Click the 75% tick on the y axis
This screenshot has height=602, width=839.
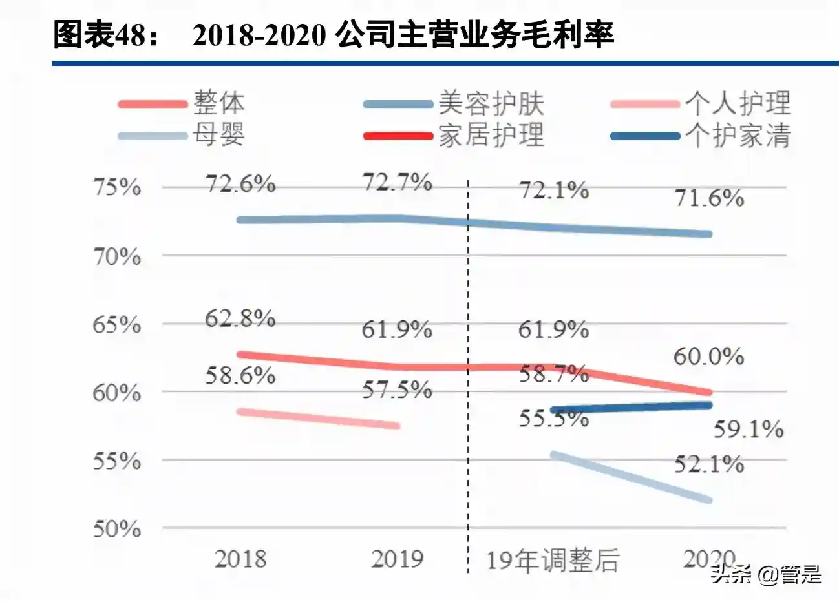(117, 187)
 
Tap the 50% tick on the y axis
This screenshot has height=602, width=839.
(117, 529)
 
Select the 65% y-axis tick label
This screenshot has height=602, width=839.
(117, 324)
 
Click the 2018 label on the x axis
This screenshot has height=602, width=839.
(240, 559)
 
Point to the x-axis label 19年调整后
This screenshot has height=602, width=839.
(553, 560)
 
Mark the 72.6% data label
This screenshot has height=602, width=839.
(240, 184)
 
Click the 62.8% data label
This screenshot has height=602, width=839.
(240, 318)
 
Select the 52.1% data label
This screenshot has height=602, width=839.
(708, 464)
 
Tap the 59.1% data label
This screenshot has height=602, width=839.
(749, 429)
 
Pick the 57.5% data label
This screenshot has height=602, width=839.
(396, 389)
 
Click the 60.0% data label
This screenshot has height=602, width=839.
(708, 356)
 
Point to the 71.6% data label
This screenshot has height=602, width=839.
(709, 198)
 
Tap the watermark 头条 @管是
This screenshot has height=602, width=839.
(767, 574)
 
